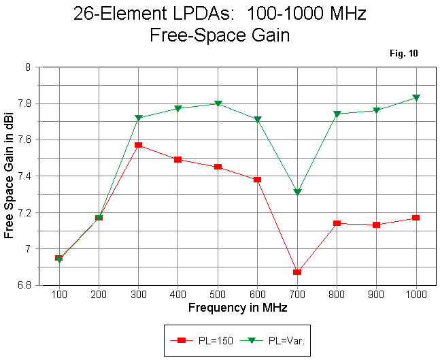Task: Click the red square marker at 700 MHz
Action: [297, 272]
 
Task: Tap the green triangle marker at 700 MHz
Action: [297, 193]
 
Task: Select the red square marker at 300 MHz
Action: [138, 145]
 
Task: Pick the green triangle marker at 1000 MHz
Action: [416, 98]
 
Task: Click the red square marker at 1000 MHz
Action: [416, 218]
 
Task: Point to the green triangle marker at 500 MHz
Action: [218, 103]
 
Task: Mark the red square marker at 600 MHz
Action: [257, 180]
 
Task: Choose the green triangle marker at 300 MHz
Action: [138, 118]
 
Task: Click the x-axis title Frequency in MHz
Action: [237, 308]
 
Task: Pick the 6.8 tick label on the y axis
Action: [24, 285]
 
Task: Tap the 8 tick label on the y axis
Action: [28, 67]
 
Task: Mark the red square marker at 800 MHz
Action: [337, 223]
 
